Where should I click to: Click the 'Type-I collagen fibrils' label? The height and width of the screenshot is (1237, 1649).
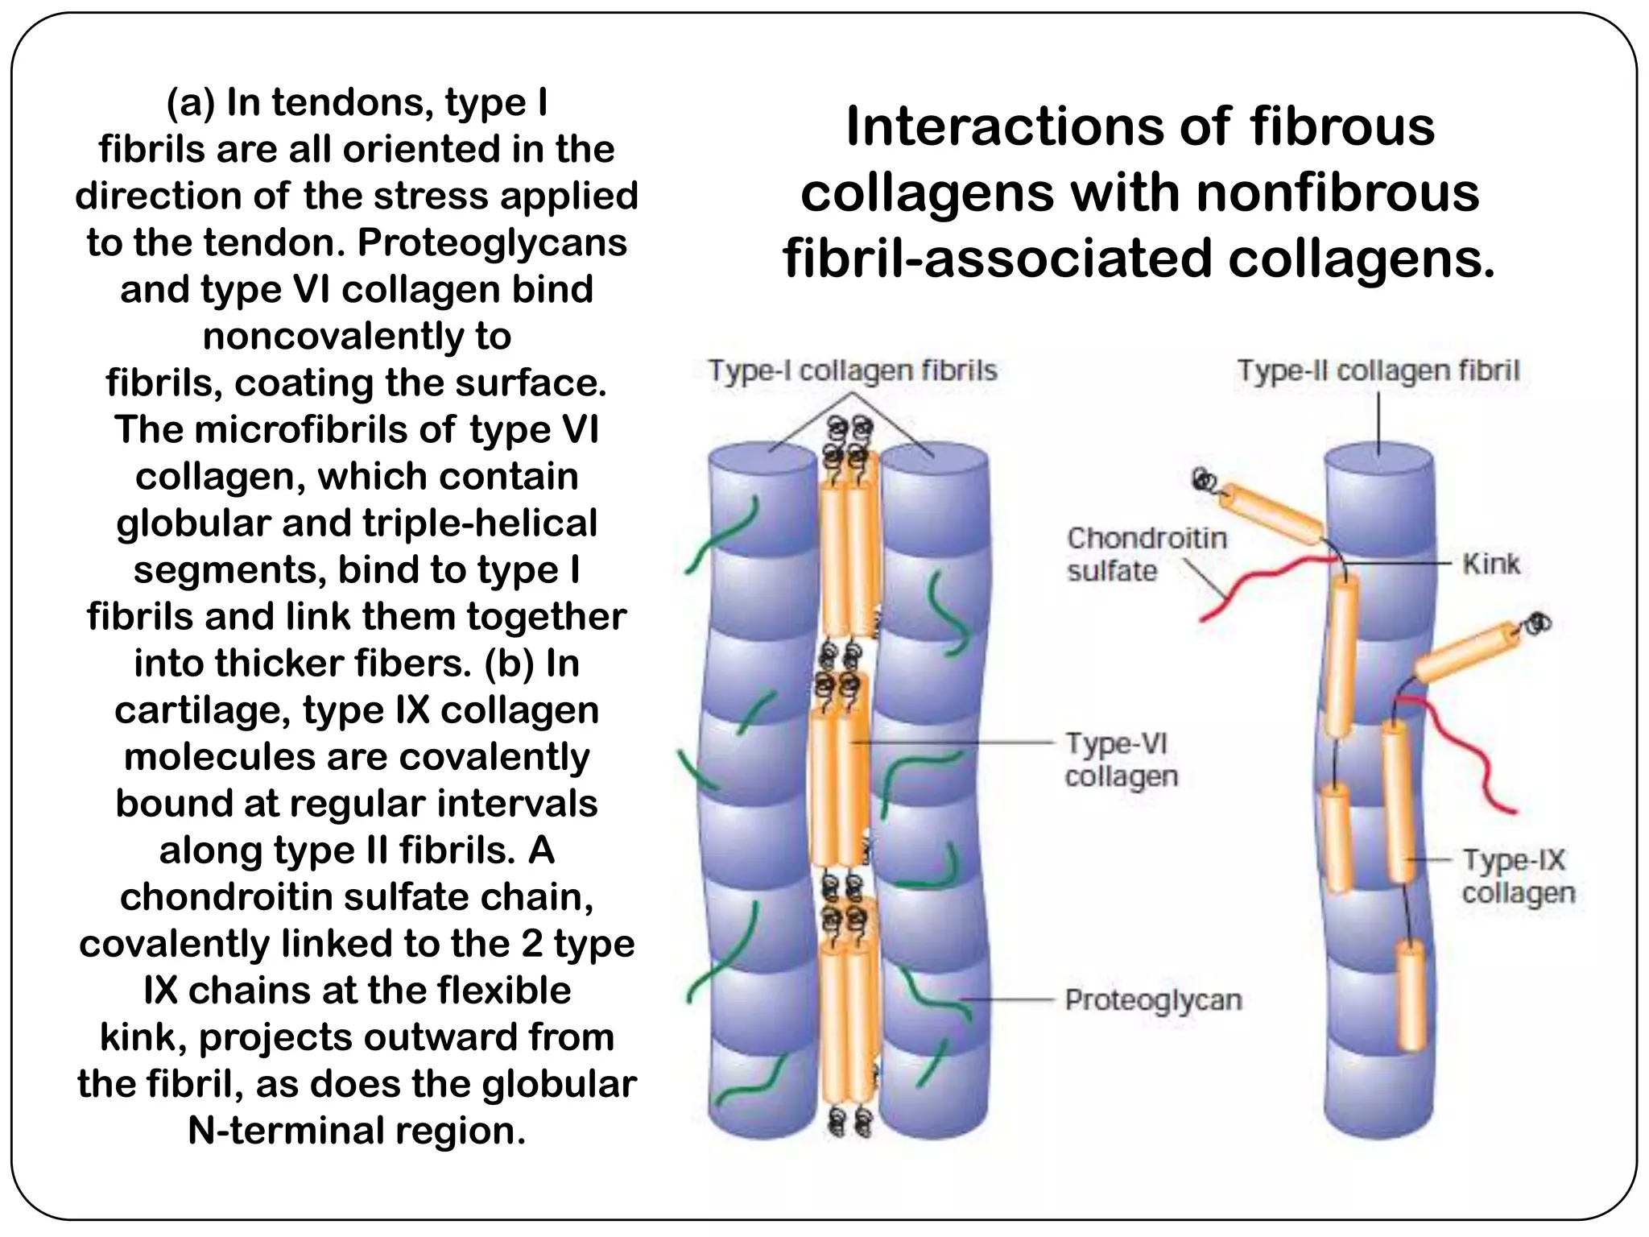(852, 370)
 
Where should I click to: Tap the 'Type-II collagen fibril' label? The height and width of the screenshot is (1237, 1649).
(1378, 370)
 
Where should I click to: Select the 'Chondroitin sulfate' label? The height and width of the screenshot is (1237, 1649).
(1147, 554)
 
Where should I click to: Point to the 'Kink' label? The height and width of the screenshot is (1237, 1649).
(1491, 564)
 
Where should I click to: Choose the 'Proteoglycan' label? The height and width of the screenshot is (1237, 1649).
(1153, 999)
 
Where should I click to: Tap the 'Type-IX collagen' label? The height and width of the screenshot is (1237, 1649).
(1517, 876)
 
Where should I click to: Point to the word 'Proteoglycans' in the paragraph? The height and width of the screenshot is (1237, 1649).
(492, 242)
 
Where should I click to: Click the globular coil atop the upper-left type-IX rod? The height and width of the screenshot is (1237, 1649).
(1204, 481)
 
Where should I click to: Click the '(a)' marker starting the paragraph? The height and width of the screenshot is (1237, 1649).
(190, 103)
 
